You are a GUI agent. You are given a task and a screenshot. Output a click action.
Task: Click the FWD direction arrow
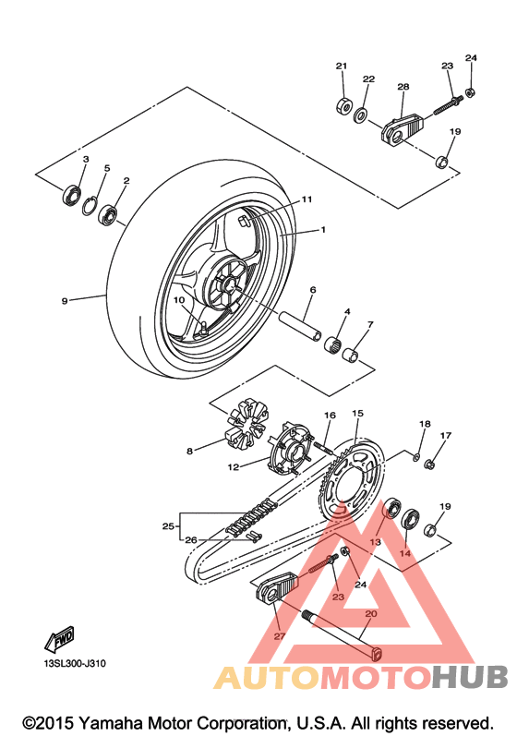(x=59, y=639)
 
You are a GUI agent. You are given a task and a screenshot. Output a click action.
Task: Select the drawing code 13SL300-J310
(x=75, y=664)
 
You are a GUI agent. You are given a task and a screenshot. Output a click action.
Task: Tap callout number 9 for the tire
(x=65, y=301)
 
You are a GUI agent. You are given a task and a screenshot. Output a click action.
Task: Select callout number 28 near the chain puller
(x=403, y=87)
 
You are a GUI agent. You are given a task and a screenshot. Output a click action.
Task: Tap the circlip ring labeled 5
(x=90, y=206)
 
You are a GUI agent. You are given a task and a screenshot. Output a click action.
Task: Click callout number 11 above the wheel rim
(x=307, y=199)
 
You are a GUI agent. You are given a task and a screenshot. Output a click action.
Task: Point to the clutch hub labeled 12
(x=291, y=447)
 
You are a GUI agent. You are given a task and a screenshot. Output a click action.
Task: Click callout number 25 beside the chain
(x=168, y=526)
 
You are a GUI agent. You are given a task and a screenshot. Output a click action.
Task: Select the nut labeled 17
(x=429, y=465)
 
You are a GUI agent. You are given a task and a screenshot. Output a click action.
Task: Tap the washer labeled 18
(x=416, y=456)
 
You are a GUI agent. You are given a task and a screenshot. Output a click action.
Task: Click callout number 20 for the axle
(x=370, y=613)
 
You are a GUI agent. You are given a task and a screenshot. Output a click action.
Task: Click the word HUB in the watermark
(x=471, y=677)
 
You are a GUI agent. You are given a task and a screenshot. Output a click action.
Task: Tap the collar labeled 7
(x=352, y=355)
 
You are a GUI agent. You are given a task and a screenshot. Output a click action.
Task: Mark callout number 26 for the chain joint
(x=190, y=540)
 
